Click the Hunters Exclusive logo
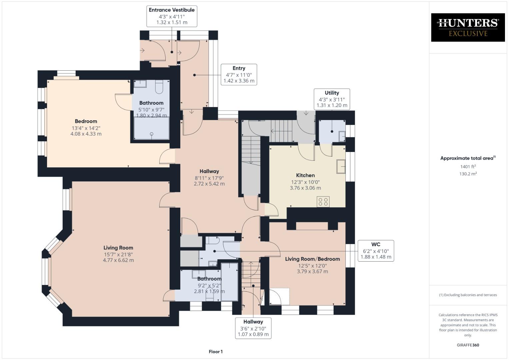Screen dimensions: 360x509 coord(468,27)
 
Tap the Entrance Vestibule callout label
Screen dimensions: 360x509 coord(172,16)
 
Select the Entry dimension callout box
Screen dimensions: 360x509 coord(239,74)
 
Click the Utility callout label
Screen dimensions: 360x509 coord(332,99)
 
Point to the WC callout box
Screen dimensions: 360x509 coord(376,251)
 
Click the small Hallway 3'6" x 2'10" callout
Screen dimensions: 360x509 coord(253,328)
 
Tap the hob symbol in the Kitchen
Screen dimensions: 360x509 coord(323,202)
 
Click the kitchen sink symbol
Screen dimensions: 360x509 coord(341,166)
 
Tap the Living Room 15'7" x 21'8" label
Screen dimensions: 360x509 coord(118,254)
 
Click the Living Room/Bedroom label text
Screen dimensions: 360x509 coord(312,259)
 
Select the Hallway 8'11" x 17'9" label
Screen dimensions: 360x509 coord(209,177)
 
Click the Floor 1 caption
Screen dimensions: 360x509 coord(216,352)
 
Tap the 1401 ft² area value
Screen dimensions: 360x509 coord(468,167)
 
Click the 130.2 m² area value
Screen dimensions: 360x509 coord(468,174)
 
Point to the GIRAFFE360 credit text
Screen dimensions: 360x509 coord(468,345)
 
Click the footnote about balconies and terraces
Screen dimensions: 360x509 coord(468,295)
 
